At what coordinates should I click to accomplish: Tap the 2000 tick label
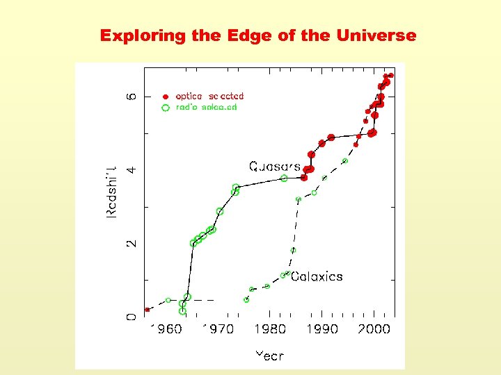pyautogui.click(x=374, y=329)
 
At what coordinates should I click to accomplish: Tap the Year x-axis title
pyautogui.click(x=269, y=356)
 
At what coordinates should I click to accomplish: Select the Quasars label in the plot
pyautogui.click(x=275, y=167)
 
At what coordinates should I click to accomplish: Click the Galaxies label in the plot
pyautogui.click(x=317, y=276)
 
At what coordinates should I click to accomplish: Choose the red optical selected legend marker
pyautogui.click(x=166, y=97)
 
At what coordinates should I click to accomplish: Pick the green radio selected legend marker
pyautogui.click(x=166, y=108)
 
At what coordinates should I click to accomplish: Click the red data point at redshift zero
pyautogui.click(x=147, y=310)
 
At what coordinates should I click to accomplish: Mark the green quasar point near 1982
pyautogui.click(x=284, y=178)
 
